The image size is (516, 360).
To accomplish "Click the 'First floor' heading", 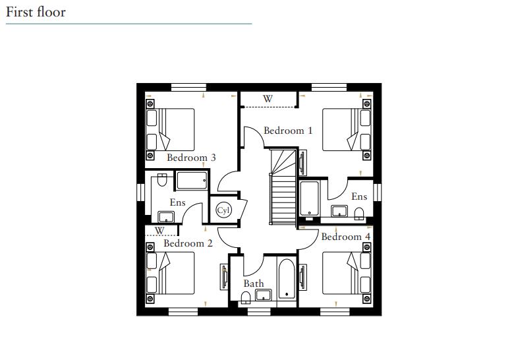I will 36,12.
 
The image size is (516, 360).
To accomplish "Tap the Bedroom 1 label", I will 288,131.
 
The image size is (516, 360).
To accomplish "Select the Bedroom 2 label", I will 188,243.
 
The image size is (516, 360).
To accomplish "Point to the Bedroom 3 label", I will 191,158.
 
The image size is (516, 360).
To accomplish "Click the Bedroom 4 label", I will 345,237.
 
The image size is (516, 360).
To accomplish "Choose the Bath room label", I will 254,284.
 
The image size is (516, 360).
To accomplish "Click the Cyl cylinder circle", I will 223,210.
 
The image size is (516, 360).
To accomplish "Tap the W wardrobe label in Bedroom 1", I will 268,99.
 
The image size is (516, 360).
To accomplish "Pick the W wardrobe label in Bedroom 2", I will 159,231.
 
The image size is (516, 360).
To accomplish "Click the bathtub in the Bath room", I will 287,280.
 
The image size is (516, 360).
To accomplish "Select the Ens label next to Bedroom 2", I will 177,202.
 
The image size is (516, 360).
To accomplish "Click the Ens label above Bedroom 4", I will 358,196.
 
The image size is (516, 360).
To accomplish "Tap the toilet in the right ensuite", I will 359,212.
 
